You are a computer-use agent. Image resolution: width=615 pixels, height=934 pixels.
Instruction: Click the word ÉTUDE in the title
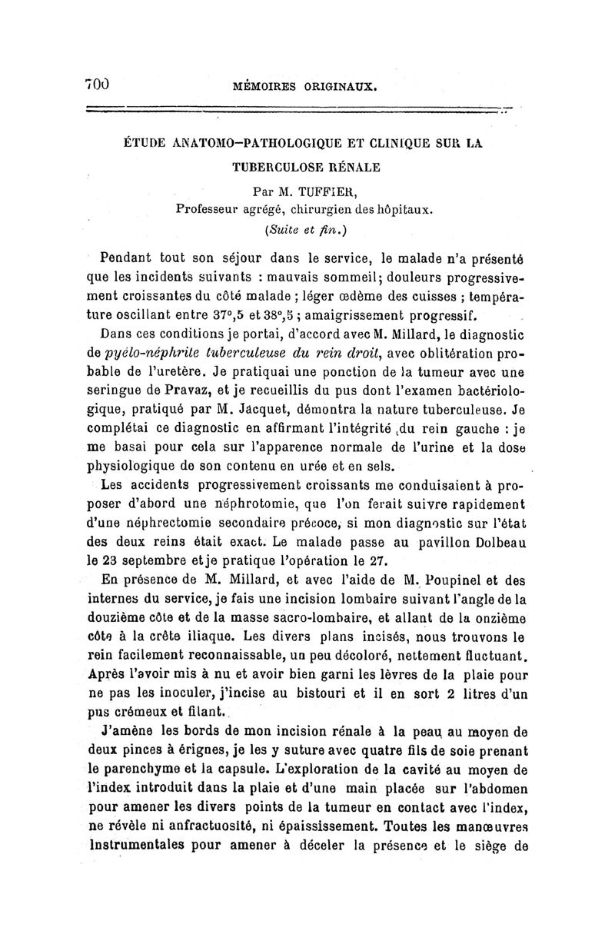point(147,144)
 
